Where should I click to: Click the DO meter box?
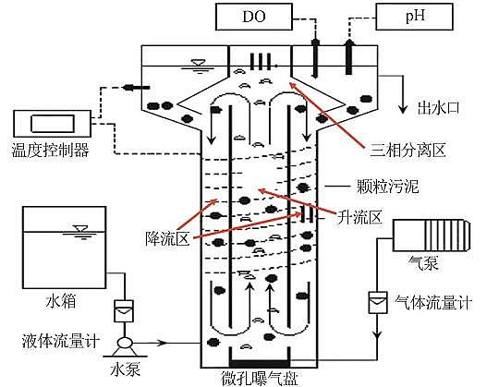[252, 17]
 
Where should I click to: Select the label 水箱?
[57, 300]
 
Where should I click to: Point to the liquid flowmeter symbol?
[121, 312]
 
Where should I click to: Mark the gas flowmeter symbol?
[377, 301]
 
